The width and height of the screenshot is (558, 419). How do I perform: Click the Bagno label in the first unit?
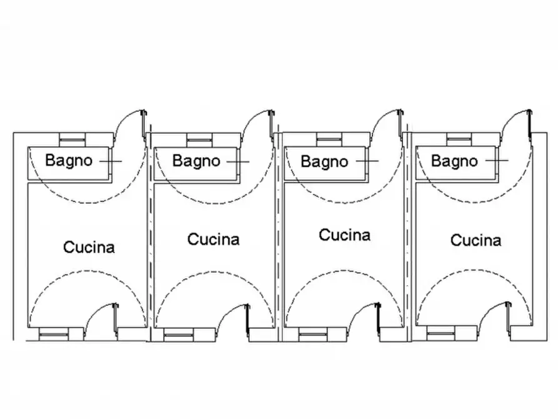pos(69,160)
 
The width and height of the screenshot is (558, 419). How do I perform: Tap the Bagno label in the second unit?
pos(196,161)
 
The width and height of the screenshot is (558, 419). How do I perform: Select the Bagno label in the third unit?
pos(324,161)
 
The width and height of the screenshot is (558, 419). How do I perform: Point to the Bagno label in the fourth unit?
pos(454,161)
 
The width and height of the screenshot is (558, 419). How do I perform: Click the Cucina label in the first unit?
pos(89,247)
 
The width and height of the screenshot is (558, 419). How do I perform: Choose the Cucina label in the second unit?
pos(213,239)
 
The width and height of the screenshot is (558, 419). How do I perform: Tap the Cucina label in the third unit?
pos(344,235)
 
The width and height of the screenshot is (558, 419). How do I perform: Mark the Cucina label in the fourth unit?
pos(476,240)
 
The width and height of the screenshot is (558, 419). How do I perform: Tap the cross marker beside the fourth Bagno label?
pos(497,161)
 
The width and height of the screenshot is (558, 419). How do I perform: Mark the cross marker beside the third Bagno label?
pos(367,161)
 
